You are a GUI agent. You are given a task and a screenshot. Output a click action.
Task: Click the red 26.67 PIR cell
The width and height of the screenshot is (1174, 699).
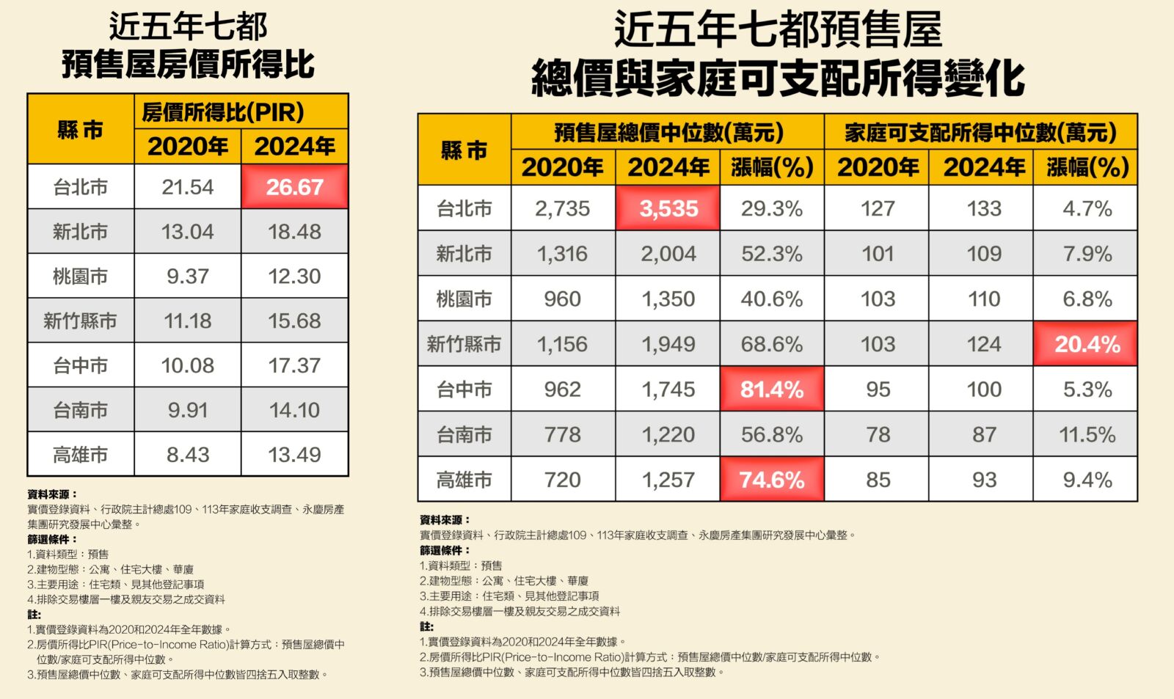tap(294, 187)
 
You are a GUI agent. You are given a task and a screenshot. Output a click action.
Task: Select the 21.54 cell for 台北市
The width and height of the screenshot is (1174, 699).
tap(188, 187)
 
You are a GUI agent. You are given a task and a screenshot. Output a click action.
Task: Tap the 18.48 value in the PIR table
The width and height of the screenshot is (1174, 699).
tap(294, 232)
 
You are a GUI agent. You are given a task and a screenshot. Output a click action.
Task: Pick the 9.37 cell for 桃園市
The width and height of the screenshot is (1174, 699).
tap(188, 277)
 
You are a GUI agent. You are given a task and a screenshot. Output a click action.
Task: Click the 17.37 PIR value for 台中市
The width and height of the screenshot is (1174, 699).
tap(294, 365)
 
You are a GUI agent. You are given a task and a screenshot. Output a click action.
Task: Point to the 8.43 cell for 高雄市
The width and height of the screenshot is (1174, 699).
tap(188, 455)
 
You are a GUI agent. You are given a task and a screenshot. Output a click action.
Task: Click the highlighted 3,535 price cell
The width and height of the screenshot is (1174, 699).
tap(668, 209)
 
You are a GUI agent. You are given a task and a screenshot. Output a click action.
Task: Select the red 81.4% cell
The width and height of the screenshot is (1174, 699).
tap(772, 389)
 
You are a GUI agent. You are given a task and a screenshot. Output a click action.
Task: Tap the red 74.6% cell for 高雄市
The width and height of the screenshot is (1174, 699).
tap(772, 480)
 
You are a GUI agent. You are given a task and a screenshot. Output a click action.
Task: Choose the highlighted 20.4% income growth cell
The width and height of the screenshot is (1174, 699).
tap(1087, 344)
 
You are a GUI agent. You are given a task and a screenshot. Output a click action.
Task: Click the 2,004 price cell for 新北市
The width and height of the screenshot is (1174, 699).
tap(668, 254)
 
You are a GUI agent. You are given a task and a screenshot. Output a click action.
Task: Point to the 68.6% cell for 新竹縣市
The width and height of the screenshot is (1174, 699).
tap(772, 344)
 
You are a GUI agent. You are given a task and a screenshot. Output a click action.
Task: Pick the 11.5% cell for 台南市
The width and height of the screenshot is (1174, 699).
tap(1087, 434)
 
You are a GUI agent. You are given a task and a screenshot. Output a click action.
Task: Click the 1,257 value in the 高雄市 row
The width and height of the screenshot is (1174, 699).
tap(668, 480)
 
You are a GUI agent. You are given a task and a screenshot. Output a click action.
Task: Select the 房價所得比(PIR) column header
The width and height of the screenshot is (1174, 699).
tap(222, 112)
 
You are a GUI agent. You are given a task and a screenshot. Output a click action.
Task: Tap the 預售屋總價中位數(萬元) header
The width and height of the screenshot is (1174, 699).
tap(668, 133)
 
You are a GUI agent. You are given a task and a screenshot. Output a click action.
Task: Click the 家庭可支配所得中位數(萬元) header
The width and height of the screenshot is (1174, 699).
tap(980, 133)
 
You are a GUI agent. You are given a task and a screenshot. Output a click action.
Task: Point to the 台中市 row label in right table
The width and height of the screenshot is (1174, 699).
tap(464, 389)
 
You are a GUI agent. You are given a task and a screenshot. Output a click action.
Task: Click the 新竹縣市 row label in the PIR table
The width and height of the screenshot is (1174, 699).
tap(80, 321)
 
